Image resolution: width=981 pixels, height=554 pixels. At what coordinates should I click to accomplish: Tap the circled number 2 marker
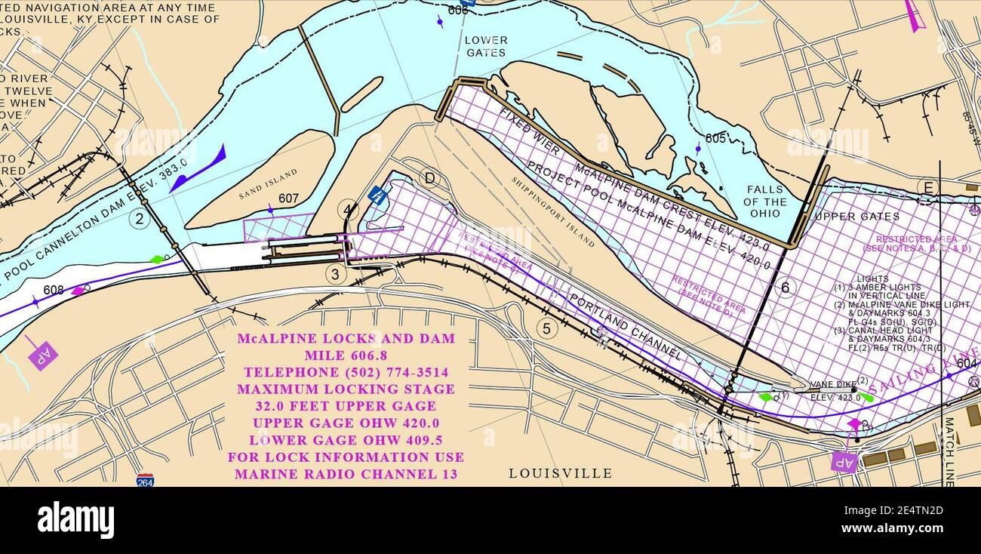[x=139, y=219]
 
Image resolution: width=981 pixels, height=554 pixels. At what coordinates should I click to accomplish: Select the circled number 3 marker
[x=337, y=274]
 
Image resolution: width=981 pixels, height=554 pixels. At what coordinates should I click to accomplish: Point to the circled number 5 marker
[x=547, y=328]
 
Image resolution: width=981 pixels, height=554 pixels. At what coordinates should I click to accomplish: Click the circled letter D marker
[x=429, y=178]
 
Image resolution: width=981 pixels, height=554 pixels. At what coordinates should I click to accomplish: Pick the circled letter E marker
[x=927, y=187]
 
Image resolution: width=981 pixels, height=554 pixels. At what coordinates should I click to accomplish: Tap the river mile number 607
[x=288, y=199]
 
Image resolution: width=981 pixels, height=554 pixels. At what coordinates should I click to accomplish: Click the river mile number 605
[x=715, y=138]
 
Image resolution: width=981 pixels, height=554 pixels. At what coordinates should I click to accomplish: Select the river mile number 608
[x=54, y=290]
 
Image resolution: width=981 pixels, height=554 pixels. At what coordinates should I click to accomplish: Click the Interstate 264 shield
[x=146, y=479]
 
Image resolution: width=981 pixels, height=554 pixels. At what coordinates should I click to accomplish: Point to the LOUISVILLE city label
[x=560, y=473]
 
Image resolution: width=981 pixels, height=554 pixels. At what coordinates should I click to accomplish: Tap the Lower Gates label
[x=486, y=46]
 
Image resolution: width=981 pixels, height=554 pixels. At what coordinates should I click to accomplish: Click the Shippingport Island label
[x=552, y=212]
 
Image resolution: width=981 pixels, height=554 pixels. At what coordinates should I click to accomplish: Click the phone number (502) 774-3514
[x=346, y=372]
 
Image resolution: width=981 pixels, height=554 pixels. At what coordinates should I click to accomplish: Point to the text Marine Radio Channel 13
[x=346, y=475]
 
